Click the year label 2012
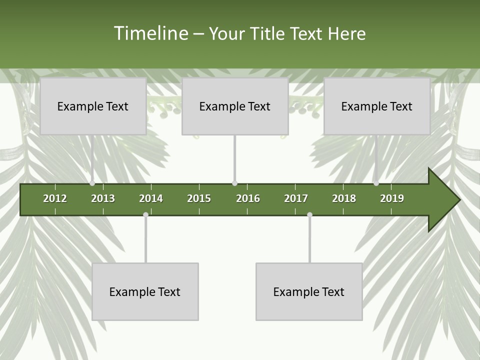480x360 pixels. pyautogui.click(x=55, y=198)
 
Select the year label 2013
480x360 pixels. pyautogui.click(x=103, y=198)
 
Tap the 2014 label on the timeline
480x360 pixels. pyautogui.click(x=151, y=198)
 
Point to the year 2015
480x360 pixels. pyautogui.click(x=199, y=198)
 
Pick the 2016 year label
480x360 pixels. pyautogui.click(x=248, y=198)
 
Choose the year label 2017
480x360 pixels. pyautogui.click(x=296, y=198)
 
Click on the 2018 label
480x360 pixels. pyautogui.click(x=344, y=198)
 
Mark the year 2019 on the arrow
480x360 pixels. pyautogui.click(x=392, y=198)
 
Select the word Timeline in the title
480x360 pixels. pyautogui.click(x=150, y=33)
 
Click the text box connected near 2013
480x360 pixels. pyautogui.click(x=93, y=106)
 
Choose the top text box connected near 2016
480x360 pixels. pyautogui.click(x=235, y=106)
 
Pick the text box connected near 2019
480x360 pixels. pyautogui.click(x=377, y=106)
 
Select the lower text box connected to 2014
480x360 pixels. pyautogui.click(x=145, y=291)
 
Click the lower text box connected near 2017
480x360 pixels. pyautogui.click(x=309, y=291)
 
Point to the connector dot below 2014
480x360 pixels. pyautogui.click(x=145, y=214)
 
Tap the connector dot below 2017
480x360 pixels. pyautogui.click(x=309, y=214)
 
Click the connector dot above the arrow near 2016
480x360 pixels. pyautogui.click(x=234, y=183)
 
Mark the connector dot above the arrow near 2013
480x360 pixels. pyautogui.click(x=92, y=183)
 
